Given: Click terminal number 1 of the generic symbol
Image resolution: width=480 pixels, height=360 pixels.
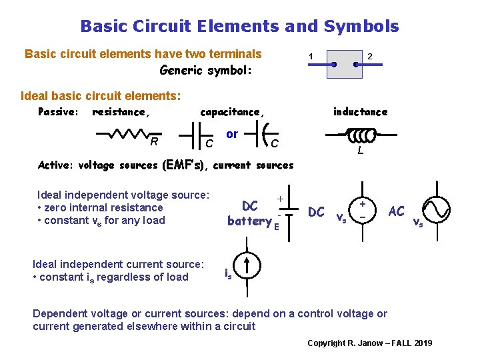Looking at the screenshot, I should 311,55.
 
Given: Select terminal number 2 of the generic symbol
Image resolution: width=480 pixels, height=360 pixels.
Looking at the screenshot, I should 371,55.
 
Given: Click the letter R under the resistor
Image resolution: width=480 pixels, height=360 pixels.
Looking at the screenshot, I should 154,141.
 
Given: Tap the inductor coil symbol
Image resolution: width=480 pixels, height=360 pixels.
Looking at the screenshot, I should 361,135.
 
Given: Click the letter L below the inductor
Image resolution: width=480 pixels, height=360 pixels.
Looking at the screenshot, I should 360,152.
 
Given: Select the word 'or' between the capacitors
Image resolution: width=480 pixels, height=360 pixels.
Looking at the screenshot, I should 232,134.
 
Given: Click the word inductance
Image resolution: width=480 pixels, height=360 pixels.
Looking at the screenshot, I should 360,112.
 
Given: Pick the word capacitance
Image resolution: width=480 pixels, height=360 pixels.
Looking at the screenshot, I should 232,112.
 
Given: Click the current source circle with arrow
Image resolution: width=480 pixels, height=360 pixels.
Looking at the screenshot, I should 247,265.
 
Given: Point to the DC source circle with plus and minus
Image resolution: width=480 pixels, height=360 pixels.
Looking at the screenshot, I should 363,210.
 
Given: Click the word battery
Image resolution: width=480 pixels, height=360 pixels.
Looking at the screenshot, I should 249,221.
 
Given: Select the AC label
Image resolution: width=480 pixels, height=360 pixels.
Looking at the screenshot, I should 396,211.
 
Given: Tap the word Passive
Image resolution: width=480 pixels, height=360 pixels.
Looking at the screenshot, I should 58,112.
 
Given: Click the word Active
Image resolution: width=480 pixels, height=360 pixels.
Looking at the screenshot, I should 56,165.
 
